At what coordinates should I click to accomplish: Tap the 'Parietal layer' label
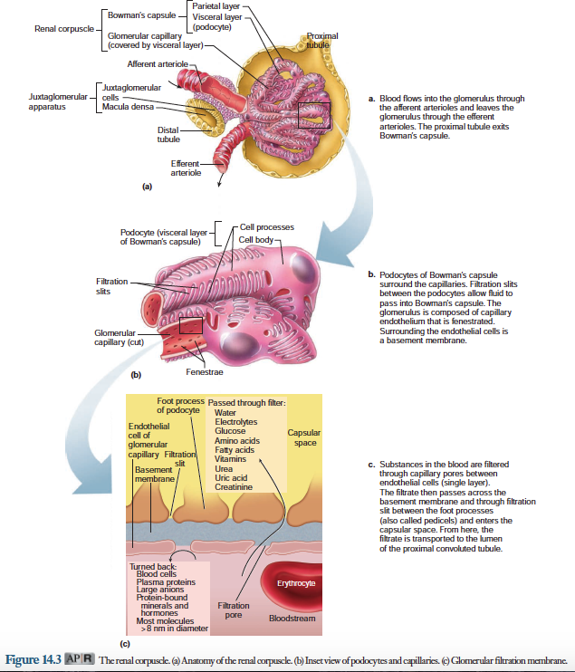pyautogui.click(x=215, y=7)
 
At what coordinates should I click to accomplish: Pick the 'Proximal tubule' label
pyautogui.click(x=321, y=41)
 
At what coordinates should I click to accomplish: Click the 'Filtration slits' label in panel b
pyautogui.click(x=111, y=286)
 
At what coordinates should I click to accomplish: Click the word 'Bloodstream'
pyautogui.click(x=292, y=619)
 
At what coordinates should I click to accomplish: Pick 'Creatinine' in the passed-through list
pyautogui.click(x=234, y=486)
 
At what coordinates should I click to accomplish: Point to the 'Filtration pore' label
pyautogui.click(x=235, y=610)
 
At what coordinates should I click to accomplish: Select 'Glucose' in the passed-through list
pyautogui.click(x=230, y=431)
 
